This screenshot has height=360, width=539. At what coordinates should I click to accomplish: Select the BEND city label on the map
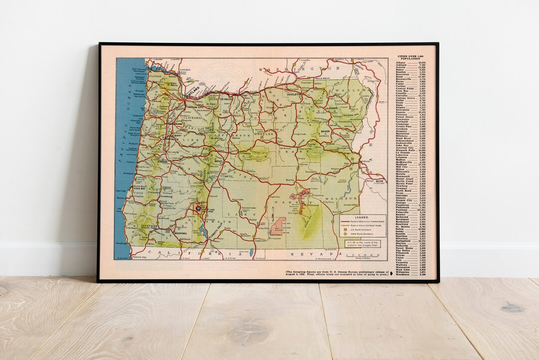coord(218,162)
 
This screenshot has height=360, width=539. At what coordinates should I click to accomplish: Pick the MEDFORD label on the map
coord(180,232)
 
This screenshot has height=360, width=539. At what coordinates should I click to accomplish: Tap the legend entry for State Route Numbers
coord(363,234)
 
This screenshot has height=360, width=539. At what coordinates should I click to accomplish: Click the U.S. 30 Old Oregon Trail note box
coord(360,244)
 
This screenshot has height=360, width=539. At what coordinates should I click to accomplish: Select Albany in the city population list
coord(401,62)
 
